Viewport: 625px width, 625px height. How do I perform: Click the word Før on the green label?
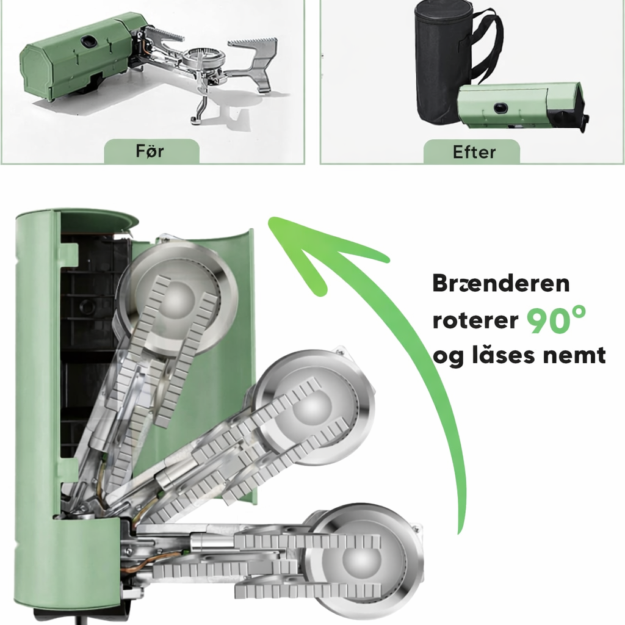pos(150,151)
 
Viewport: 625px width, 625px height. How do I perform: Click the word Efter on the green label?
pos(474,152)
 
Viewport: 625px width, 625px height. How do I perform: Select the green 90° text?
pos(557,320)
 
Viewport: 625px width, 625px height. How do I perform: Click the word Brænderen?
pos(501,283)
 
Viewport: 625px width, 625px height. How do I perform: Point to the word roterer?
pos(475,320)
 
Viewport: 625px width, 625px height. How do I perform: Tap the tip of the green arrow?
pos(270,218)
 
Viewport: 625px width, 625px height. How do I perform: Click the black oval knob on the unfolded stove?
pos(89,40)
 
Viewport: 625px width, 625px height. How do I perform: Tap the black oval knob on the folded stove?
pos(500,108)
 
